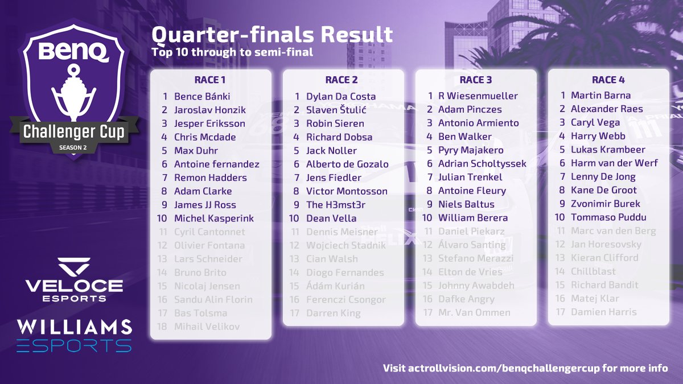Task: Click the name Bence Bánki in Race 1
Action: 202,97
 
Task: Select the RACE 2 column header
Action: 341,80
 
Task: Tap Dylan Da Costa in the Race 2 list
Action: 341,97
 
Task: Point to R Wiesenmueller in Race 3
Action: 478,96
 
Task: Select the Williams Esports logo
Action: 74,336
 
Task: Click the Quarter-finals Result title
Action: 271,35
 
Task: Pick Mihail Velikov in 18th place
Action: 207,327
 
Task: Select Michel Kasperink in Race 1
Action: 214,218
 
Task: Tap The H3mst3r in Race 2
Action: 335,205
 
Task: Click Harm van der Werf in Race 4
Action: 614,163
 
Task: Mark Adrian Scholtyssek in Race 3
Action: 482,164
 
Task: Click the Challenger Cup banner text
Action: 73,132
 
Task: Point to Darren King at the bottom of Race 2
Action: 333,313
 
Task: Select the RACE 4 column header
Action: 608,80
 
